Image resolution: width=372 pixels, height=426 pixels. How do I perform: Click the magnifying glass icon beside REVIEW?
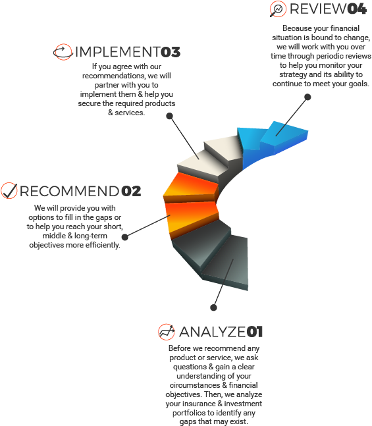pos(278,9)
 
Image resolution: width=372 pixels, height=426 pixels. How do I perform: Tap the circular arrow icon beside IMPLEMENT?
pos(63,52)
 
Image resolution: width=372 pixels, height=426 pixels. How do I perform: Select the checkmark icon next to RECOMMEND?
pos(9,190)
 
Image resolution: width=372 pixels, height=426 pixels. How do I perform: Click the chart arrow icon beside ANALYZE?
pos(167,332)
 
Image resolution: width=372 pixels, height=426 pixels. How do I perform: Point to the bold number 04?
pos(357,9)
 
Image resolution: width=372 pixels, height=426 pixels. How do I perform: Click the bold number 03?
pos(171,52)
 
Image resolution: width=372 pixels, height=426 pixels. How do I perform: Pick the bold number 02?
pos(131,191)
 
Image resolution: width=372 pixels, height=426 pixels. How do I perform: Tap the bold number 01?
pos(255,332)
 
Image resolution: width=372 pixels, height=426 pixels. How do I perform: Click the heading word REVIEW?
pos(318,9)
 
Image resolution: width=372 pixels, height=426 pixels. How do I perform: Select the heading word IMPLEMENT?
pos(118,52)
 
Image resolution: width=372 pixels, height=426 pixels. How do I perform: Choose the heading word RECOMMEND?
pos(70,191)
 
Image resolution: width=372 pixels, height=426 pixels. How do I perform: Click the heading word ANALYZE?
pos(212,332)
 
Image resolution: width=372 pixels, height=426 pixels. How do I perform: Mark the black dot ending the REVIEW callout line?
pos(307,97)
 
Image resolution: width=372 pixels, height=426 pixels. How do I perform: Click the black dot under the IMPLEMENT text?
pos(170,116)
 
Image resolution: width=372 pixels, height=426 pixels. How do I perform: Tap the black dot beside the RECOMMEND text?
pos(125,237)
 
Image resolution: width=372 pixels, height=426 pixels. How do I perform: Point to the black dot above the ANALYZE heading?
pos(213,307)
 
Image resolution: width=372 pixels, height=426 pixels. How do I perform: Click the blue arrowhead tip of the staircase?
pos(307,132)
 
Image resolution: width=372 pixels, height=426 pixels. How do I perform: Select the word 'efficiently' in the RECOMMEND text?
pos(103,245)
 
